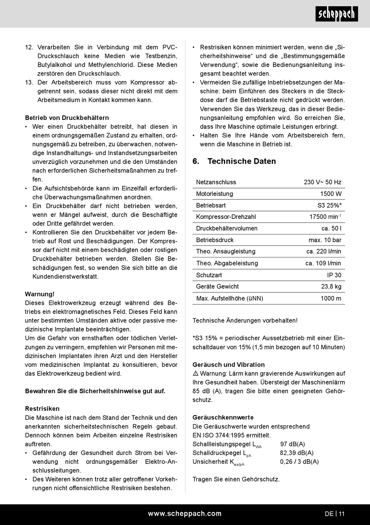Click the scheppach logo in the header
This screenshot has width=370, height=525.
point(337,14)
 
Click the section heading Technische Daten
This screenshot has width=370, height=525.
point(241,161)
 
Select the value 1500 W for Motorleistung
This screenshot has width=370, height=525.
point(331,194)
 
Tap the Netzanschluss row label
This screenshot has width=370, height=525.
point(216,182)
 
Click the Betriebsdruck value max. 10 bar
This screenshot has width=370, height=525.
point(325,240)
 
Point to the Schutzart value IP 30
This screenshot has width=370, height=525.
point(334,275)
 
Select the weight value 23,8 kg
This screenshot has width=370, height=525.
point(331,287)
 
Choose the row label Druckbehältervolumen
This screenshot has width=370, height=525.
point(227,229)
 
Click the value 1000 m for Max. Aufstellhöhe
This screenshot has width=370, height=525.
point(331,298)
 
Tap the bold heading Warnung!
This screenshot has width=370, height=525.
point(40,294)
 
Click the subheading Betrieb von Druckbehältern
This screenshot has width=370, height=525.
point(67,118)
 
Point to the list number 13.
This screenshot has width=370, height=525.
point(29,83)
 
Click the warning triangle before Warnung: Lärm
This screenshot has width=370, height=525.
point(196,373)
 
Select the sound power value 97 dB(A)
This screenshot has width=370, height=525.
point(292,444)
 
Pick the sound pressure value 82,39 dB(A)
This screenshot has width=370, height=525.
point(297,453)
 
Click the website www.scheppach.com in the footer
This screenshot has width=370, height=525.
point(185,514)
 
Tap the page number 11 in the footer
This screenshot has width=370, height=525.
point(342,514)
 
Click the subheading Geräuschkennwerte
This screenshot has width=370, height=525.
point(223,418)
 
